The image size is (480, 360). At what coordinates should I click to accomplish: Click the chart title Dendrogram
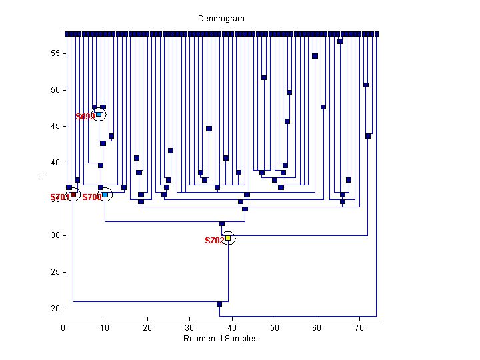tap(221, 19)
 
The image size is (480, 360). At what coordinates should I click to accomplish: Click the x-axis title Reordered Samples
tap(220, 339)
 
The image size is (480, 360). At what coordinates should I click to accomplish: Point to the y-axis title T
tap(41, 175)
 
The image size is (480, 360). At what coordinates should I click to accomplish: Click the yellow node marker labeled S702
tap(228, 238)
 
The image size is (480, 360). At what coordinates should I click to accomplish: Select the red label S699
tap(85, 117)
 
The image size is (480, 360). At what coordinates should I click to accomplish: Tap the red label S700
tap(91, 197)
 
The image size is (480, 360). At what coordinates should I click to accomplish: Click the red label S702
tap(214, 241)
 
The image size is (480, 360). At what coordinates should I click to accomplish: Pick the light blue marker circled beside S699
tap(99, 114)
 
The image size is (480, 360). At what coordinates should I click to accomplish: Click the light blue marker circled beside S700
tap(105, 195)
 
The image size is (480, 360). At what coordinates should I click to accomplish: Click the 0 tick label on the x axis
tap(63, 328)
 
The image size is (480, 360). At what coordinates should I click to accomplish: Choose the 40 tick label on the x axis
tap(232, 328)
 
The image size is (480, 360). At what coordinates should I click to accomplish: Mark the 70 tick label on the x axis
tap(359, 328)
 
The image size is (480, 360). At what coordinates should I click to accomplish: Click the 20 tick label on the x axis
tap(147, 328)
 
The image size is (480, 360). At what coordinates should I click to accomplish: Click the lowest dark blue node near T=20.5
tap(219, 304)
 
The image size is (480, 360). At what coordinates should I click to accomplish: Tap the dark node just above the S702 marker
tap(221, 224)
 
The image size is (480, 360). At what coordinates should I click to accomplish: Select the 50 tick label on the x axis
tap(275, 328)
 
